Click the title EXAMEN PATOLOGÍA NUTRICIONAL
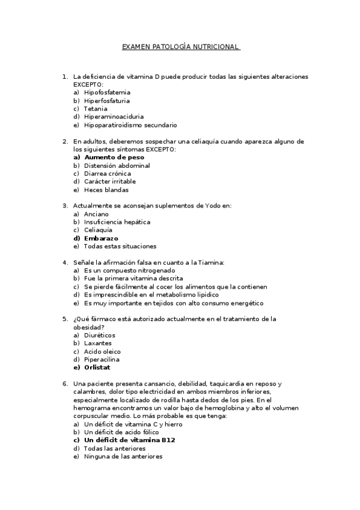click(x=180, y=46)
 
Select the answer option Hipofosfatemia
click(x=107, y=93)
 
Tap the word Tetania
click(x=96, y=109)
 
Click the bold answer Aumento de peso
click(x=114, y=157)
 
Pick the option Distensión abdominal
click(x=117, y=165)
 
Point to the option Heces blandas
click(x=106, y=189)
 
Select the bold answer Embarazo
click(x=101, y=238)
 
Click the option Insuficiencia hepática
click(x=117, y=222)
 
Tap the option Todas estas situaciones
click(x=120, y=246)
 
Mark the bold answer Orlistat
click(x=97, y=367)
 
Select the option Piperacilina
click(x=102, y=360)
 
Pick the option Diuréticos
click(x=100, y=335)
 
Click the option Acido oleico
click(x=102, y=351)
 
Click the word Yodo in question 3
click(x=221, y=206)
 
